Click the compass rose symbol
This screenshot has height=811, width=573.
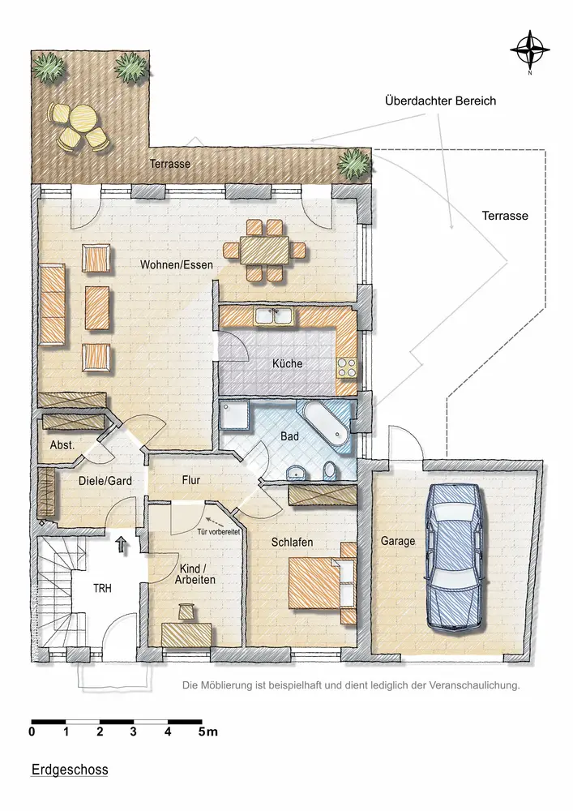[x=529, y=50]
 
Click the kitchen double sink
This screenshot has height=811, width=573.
[x=274, y=316]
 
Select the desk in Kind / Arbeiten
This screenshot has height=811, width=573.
[x=186, y=634]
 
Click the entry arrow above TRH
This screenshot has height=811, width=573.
[x=122, y=545]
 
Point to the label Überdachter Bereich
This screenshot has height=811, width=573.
[x=440, y=101]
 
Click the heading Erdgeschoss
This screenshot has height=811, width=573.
[x=70, y=769]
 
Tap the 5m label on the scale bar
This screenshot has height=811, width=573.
[x=208, y=732]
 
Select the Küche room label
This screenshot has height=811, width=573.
[x=287, y=363]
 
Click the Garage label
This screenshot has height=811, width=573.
[x=398, y=542]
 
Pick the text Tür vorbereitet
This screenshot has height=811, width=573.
[x=218, y=532]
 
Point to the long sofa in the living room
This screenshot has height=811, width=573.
[x=53, y=305]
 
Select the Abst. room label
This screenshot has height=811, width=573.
[x=62, y=444]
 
